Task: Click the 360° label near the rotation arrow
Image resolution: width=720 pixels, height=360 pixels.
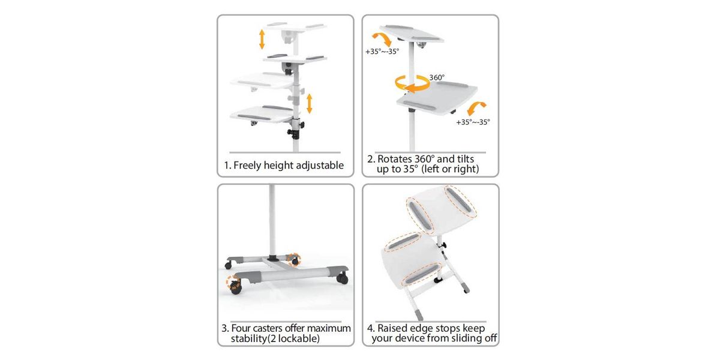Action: (x=437, y=77)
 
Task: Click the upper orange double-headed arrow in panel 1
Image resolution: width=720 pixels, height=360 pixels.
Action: (x=262, y=39)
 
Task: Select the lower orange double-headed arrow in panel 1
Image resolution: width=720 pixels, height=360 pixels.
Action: (x=309, y=103)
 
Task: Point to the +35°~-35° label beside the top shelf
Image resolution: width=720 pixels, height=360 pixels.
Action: (x=382, y=52)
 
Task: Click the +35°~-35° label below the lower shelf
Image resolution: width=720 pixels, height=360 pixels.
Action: (x=473, y=122)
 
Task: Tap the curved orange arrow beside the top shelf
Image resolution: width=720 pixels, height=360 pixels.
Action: (x=382, y=39)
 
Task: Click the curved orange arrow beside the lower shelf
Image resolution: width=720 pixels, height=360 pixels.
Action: (x=476, y=109)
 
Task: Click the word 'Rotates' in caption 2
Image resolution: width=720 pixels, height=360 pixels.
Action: (x=395, y=159)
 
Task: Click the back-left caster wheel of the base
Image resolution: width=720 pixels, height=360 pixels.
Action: (x=228, y=265)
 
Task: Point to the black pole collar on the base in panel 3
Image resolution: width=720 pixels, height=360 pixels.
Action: (x=274, y=258)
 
